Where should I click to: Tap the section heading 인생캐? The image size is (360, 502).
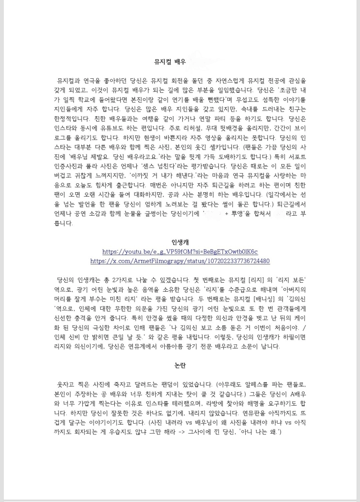[x=180, y=242]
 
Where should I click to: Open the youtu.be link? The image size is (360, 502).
[x=180, y=252]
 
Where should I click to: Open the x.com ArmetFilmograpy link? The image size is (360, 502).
[x=180, y=261]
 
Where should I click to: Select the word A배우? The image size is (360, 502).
[x=295, y=394]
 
